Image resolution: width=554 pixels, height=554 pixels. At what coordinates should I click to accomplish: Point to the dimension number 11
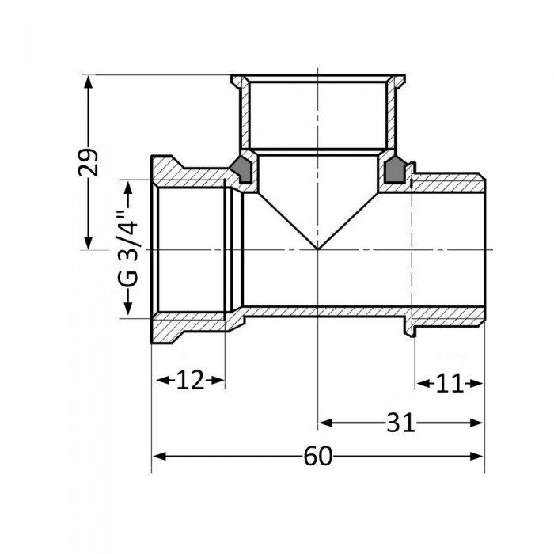[x=449, y=385]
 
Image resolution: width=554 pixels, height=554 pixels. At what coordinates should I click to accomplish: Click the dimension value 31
[x=400, y=423]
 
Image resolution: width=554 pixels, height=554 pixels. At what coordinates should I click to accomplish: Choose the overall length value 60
[x=317, y=457]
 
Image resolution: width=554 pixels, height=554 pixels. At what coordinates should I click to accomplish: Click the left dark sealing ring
[x=241, y=170]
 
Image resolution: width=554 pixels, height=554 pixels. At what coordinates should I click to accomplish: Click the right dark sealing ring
[x=393, y=170]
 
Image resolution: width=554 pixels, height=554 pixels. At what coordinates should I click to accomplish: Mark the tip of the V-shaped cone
[x=317, y=249]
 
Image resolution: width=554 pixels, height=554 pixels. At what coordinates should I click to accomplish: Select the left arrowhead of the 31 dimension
[x=324, y=423]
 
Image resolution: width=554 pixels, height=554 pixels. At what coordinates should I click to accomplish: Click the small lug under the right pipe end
[x=411, y=325]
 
